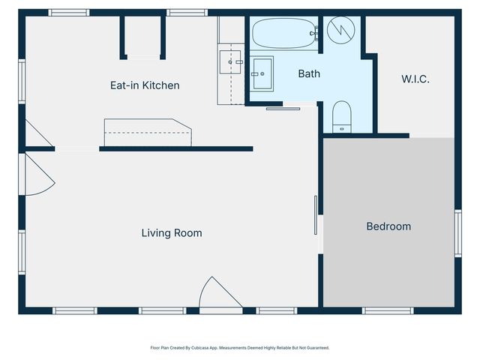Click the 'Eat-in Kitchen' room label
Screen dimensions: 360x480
[145, 85]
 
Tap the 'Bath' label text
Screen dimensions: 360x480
[309, 73]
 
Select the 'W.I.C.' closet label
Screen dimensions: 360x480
[415, 79]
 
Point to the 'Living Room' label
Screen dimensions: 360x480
[172, 233]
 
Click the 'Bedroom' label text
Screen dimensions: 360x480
[388, 226]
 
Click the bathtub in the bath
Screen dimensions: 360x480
[284, 34]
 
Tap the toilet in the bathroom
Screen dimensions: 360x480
[342, 116]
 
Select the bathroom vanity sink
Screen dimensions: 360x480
[262, 73]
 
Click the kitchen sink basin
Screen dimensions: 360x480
[229, 62]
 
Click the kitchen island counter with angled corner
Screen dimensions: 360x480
[148, 132]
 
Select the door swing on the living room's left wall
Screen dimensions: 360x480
[39, 174]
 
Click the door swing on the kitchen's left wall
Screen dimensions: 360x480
[37, 133]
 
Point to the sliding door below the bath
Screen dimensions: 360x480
[283, 109]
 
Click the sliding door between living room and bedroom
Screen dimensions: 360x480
[316, 216]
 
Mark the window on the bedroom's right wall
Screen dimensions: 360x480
[457, 233]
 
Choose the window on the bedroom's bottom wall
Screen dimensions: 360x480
[388, 310]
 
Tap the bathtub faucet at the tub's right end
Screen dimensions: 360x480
[315, 32]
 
